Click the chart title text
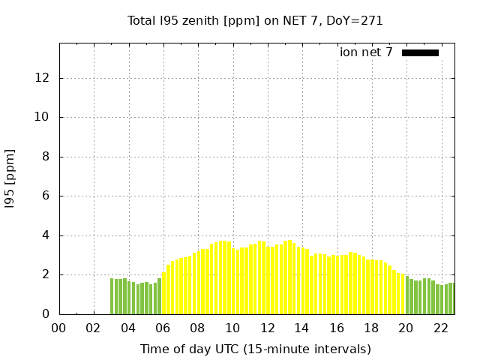coord(255,20)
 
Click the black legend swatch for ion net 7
coord(420,52)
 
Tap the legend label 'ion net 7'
coord(366,52)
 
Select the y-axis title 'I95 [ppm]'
coord(10,178)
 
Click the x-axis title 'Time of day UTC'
coord(255,349)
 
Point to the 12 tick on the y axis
coord(45,78)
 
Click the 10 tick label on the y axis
coord(45,117)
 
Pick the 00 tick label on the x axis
coord(59,328)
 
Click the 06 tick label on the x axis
coord(163,328)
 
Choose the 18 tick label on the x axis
coord(371,328)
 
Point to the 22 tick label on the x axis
coord(440,328)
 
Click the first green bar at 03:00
coord(112,296)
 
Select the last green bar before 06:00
coord(159,296)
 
